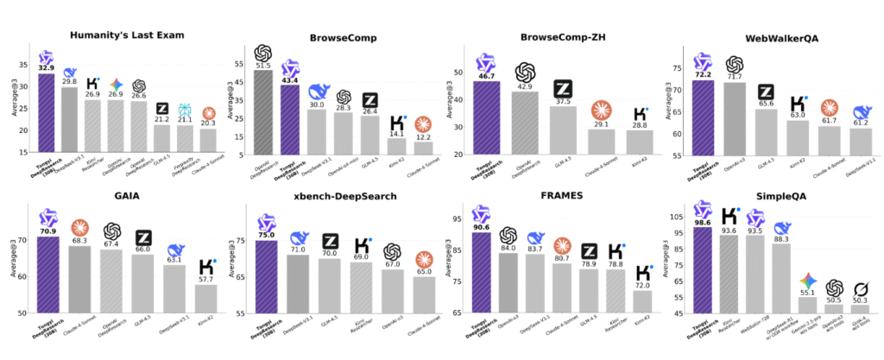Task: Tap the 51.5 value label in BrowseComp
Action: coord(262,66)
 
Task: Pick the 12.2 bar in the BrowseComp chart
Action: coord(423,148)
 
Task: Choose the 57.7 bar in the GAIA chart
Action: coord(207,298)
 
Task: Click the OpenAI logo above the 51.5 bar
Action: coord(262,53)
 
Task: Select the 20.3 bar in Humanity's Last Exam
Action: coord(208,142)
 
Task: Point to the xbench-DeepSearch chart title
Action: coord(341,196)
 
